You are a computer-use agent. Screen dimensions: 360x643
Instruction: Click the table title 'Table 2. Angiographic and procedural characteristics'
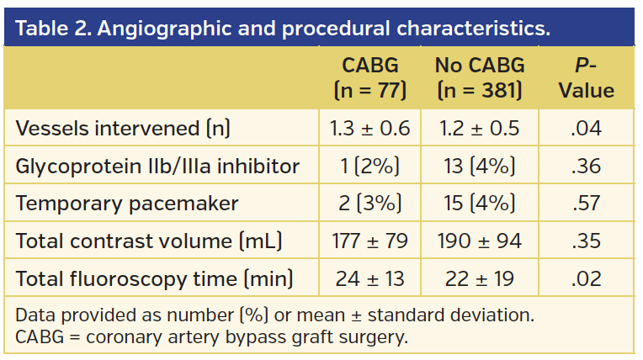click(x=283, y=28)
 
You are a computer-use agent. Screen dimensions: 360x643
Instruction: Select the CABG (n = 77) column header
click(x=370, y=77)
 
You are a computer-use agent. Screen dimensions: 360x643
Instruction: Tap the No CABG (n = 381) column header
click(x=479, y=77)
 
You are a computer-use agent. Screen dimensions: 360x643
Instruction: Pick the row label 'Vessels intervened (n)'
click(x=123, y=128)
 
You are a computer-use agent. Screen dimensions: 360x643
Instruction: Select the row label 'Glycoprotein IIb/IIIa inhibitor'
click(x=157, y=166)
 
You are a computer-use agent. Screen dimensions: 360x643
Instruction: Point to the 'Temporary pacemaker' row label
click(x=127, y=204)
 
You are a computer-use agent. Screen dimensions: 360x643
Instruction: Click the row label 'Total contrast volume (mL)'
click(x=148, y=241)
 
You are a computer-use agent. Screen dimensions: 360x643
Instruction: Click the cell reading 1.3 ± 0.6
click(x=370, y=128)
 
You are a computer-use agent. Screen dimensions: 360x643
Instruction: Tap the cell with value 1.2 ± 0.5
click(x=479, y=128)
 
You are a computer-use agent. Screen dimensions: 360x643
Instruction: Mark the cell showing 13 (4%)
click(x=479, y=166)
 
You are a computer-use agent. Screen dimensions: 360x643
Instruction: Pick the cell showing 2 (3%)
click(x=370, y=204)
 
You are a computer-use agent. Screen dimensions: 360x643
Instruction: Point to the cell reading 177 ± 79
click(x=370, y=241)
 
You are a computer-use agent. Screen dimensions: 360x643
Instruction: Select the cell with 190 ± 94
click(x=479, y=241)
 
